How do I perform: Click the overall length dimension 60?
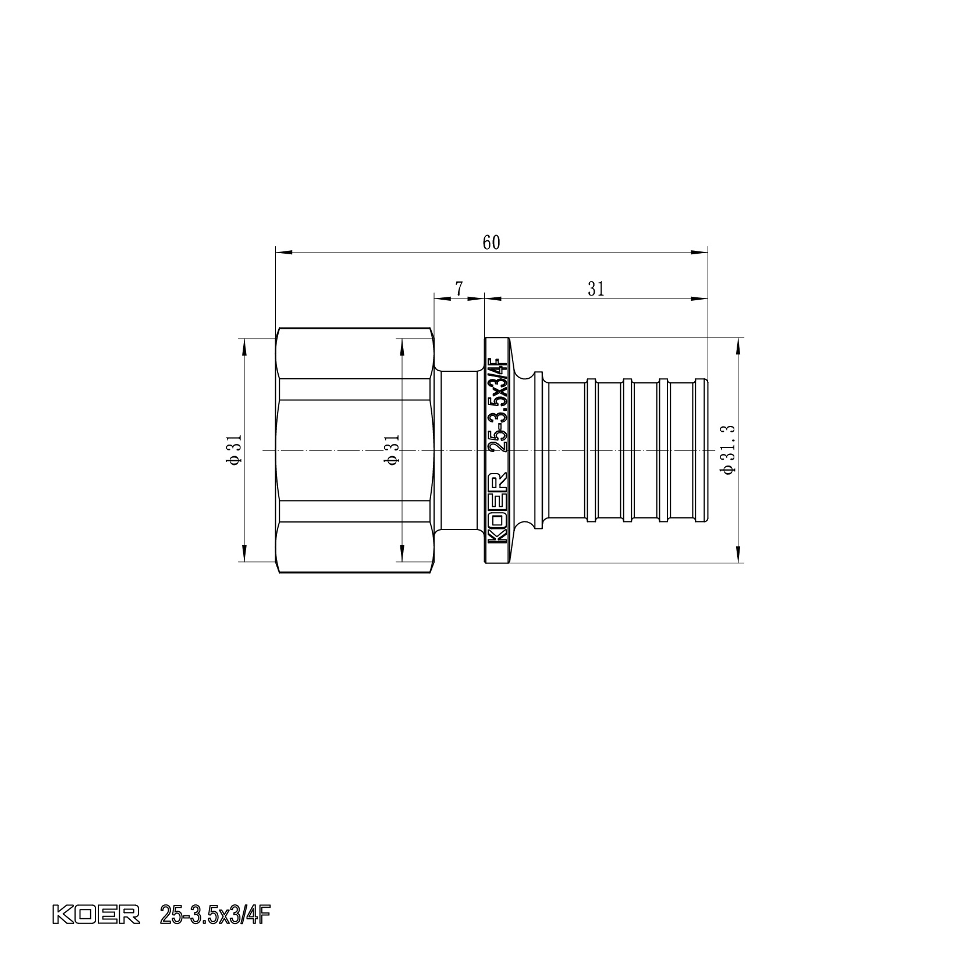click(491, 243)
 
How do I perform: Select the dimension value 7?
click(459, 289)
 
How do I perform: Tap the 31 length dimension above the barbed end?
click(596, 289)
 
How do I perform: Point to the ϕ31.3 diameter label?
click(729, 450)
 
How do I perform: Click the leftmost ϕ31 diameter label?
click(234, 450)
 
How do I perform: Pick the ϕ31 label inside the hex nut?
click(392, 450)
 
